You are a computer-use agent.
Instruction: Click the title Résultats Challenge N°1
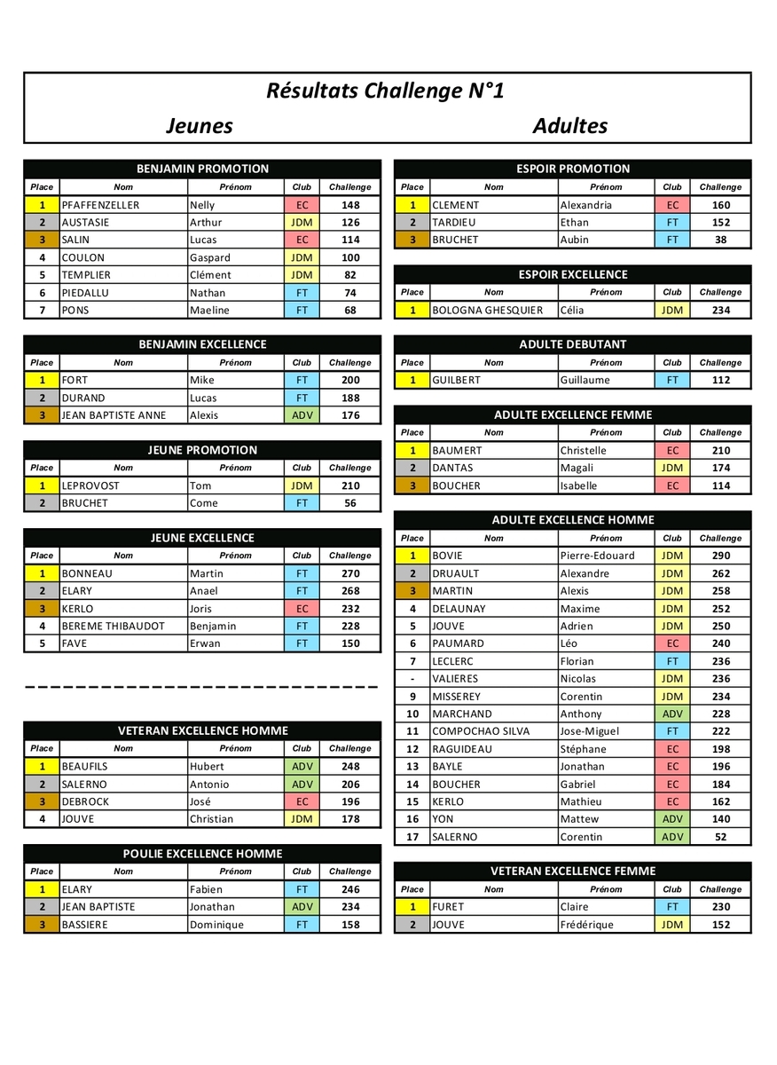[385, 91]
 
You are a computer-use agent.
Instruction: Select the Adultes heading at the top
[569, 125]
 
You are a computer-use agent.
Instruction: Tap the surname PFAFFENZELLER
[100, 205]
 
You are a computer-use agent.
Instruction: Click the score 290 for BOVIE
[720, 556]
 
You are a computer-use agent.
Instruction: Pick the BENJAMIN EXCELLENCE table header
[202, 344]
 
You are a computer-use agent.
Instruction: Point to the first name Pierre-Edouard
[597, 556]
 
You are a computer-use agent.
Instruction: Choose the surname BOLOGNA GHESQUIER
[487, 310]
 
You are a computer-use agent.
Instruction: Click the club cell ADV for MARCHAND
[671, 714]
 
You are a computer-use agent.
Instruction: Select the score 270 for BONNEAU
[349, 573]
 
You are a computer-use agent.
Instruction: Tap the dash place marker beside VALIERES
[412, 679]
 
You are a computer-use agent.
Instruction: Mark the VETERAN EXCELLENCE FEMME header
[572, 872]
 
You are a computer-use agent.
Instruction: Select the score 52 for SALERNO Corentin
[720, 837]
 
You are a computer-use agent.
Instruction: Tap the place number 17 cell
[412, 837]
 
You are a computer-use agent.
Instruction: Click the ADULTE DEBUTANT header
[572, 344]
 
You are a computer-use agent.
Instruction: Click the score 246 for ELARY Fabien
[349, 889]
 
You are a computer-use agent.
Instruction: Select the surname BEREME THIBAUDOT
[114, 626]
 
